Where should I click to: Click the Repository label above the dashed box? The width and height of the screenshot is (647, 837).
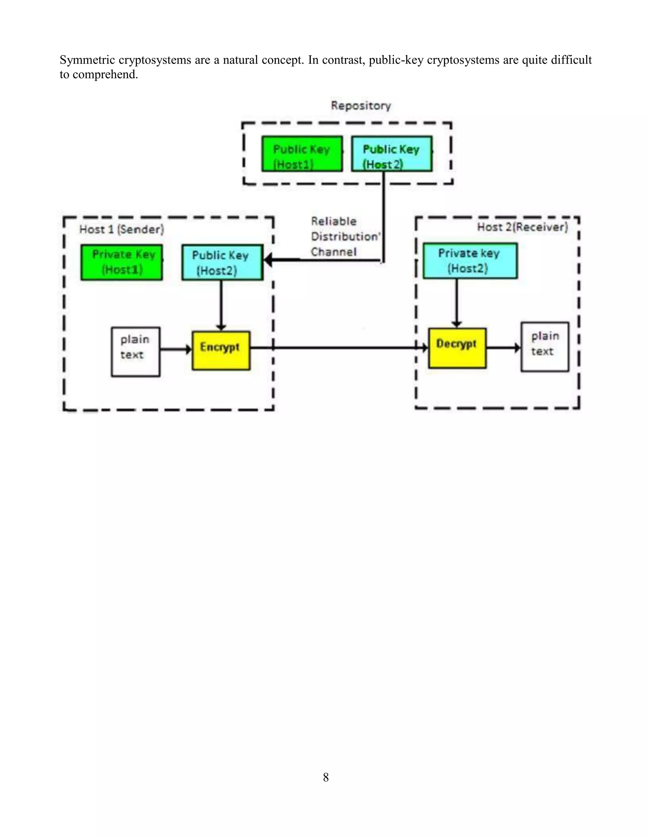(361, 105)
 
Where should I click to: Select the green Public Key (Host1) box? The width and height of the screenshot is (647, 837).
(302, 154)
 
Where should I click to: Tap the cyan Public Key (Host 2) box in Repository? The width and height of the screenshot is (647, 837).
(392, 154)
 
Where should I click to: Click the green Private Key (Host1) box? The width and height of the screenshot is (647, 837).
(122, 262)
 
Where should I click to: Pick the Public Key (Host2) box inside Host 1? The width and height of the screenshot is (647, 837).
(222, 262)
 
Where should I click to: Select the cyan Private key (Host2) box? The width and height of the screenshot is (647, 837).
(470, 261)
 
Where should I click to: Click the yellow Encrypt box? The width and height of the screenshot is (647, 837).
(221, 350)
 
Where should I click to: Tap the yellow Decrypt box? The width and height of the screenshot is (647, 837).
(457, 348)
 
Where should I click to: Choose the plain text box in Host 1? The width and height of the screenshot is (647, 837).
(135, 352)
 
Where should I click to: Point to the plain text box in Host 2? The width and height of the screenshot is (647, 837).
(544, 347)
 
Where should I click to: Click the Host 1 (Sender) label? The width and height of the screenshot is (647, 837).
(122, 230)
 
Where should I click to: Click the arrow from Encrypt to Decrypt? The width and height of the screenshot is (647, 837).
(337, 348)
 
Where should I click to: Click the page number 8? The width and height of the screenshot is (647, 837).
(326, 777)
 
